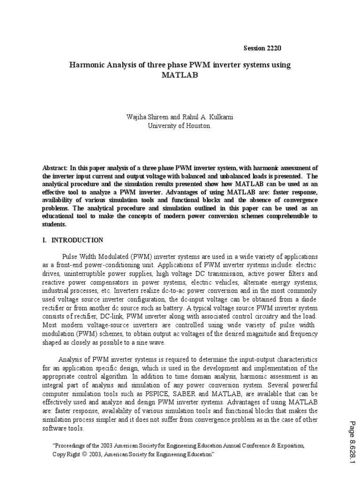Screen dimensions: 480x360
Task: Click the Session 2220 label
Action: coord(262,49)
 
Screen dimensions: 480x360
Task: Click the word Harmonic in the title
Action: coord(89,65)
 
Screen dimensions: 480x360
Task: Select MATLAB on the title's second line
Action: coord(180,75)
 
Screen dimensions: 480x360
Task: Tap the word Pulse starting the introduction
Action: coord(71,257)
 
